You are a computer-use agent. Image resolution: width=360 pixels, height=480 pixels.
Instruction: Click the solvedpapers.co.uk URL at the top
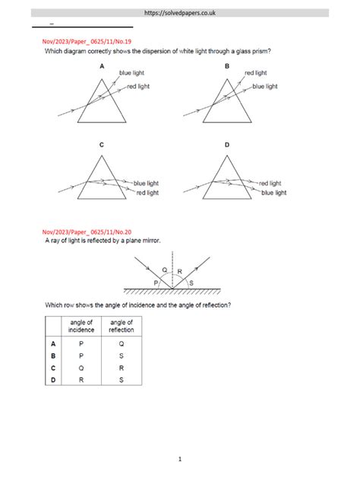point(179,13)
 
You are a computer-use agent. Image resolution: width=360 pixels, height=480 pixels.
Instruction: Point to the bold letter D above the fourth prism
point(226,144)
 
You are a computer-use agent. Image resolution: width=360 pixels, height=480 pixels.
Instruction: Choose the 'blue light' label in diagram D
point(273,193)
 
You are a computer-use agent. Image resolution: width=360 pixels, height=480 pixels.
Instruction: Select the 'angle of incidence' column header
point(81,326)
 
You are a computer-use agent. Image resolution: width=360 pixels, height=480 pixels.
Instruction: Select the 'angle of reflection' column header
point(121,326)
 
